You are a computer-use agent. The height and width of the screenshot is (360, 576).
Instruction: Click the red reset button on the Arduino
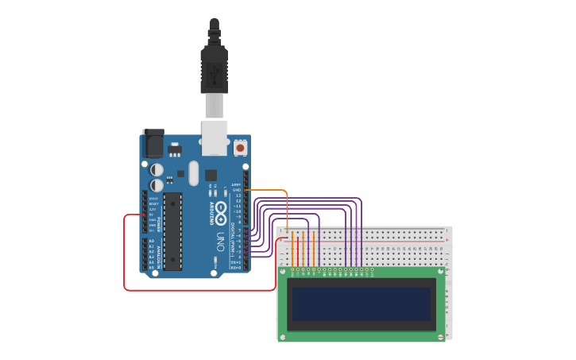(x=240, y=147)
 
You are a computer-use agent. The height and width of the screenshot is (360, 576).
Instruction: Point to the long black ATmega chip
(x=172, y=230)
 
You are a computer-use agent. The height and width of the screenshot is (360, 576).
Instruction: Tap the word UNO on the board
(x=219, y=242)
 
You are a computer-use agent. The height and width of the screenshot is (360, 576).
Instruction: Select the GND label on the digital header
(x=237, y=191)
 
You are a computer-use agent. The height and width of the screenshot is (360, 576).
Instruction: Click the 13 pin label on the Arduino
(x=237, y=195)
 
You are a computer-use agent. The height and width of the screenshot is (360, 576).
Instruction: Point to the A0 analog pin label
(x=152, y=241)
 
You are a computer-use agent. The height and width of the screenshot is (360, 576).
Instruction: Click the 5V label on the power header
(x=152, y=215)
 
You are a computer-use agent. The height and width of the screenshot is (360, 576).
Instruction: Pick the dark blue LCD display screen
(x=361, y=304)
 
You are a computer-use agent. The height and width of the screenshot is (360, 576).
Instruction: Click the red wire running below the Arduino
(x=199, y=290)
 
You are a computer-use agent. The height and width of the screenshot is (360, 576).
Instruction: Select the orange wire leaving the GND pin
(x=267, y=190)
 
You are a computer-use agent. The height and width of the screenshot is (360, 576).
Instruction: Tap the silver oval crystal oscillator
(x=192, y=172)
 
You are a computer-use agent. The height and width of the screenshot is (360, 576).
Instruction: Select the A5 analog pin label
(x=152, y=267)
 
